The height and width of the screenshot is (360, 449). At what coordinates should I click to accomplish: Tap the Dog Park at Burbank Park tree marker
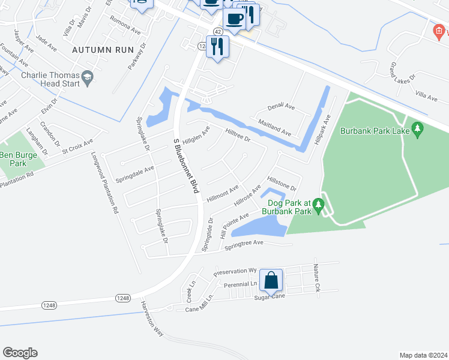tap(319, 205)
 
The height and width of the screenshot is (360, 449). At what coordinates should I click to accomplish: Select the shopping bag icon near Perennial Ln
tap(271, 280)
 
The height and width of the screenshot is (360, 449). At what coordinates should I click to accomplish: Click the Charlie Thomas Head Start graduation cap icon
tap(88, 76)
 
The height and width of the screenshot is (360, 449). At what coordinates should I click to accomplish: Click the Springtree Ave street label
tap(244, 244)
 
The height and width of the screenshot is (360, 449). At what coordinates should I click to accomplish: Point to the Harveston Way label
tap(152, 317)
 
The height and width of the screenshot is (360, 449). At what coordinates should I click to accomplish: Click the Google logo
tap(20, 352)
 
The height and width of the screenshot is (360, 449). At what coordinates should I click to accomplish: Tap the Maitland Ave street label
tap(274, 127)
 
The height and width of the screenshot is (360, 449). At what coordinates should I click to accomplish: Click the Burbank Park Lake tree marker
tap(418, 129)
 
